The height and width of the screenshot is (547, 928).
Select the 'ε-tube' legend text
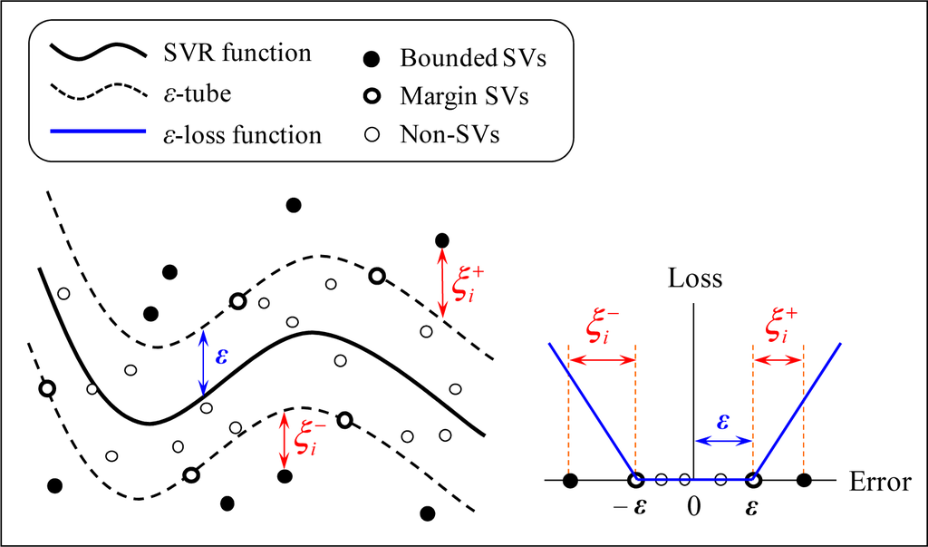click(204, 94)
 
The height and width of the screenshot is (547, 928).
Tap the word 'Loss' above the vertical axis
click(695, 278)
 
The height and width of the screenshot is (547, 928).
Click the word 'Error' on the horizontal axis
click(880, 483)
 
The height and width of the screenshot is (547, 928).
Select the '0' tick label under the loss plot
click(693, 508)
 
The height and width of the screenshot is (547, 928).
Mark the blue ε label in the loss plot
click(723, 423)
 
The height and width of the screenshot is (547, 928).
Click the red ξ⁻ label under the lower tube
click(306, 438)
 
